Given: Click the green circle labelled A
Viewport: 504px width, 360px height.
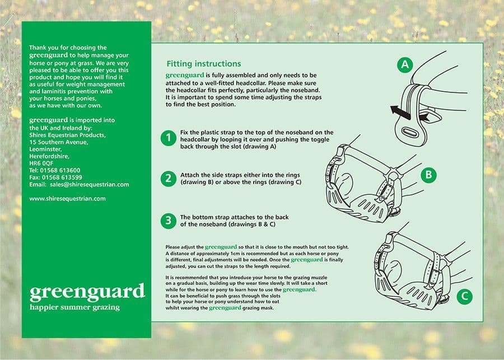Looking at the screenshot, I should [405, 66].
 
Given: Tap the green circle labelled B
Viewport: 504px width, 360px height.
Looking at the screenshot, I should [428, 175].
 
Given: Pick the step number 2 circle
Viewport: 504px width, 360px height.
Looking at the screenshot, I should [168, 179].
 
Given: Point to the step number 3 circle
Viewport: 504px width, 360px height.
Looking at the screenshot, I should [168, 220].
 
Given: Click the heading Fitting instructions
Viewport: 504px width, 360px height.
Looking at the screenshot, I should [204, 64].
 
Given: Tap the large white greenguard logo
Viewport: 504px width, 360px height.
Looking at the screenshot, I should [87, 292].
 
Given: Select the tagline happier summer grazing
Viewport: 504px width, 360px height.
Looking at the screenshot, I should [74, 307].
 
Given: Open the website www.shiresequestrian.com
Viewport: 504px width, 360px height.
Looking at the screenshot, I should [67, 198].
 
